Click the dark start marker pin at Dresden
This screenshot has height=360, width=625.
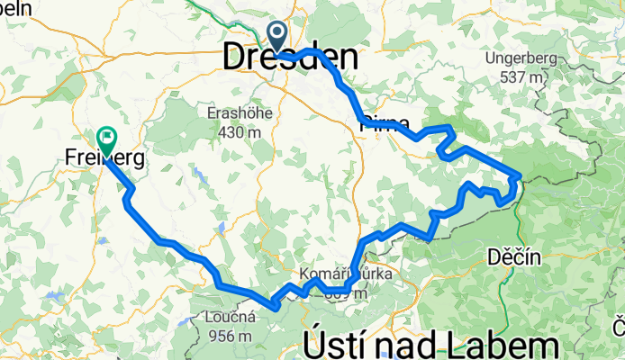pyautogui.click(x=276, y=36)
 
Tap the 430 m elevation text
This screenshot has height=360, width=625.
pyautogui.click(x=234, y=132)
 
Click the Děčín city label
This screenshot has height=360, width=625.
pyautogui.click(x=515, y=256)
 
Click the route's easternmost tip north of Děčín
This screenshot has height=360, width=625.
pyautogui.click(x=520, y=173)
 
